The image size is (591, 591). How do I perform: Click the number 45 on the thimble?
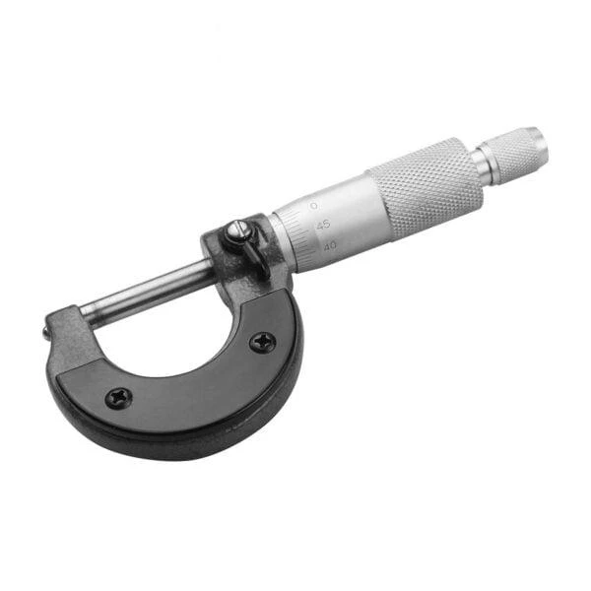tap(323, 226)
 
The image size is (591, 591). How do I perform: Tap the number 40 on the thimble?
tap(330, 246)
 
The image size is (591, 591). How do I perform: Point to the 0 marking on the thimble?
tap(313, 206)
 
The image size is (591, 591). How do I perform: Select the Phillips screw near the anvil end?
tap(119, 398)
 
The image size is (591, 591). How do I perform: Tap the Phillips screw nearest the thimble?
tap(263, 342)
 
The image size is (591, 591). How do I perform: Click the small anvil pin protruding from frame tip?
tap(45, 333)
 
